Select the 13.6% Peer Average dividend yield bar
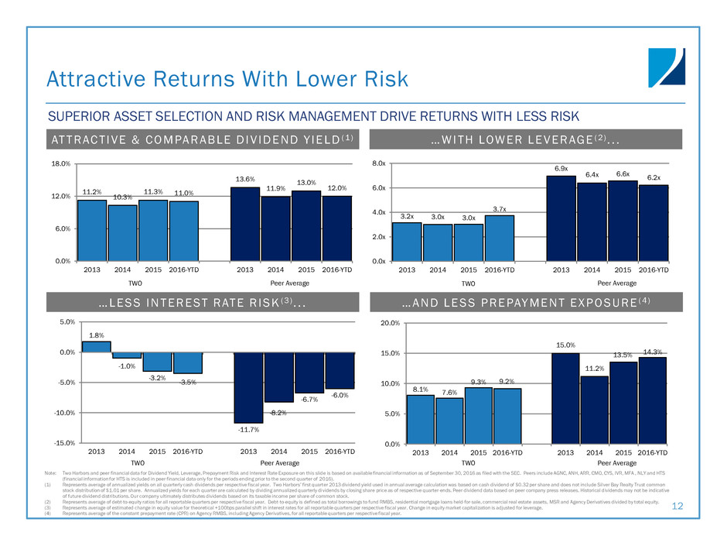(x=245, y=224)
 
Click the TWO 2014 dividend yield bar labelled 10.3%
(x=122, y=232)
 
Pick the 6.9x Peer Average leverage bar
(x=561, y=218)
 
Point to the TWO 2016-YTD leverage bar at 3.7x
(x=500, y=238)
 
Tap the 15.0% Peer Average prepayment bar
(x=565, y=398)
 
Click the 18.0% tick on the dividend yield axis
(x=60, y=164)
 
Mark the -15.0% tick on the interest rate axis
(x=62, y=443)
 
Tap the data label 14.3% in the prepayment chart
(x=654, y=352)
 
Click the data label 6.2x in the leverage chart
(x=654, y=178)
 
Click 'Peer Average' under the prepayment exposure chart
(x=610, y=462)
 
